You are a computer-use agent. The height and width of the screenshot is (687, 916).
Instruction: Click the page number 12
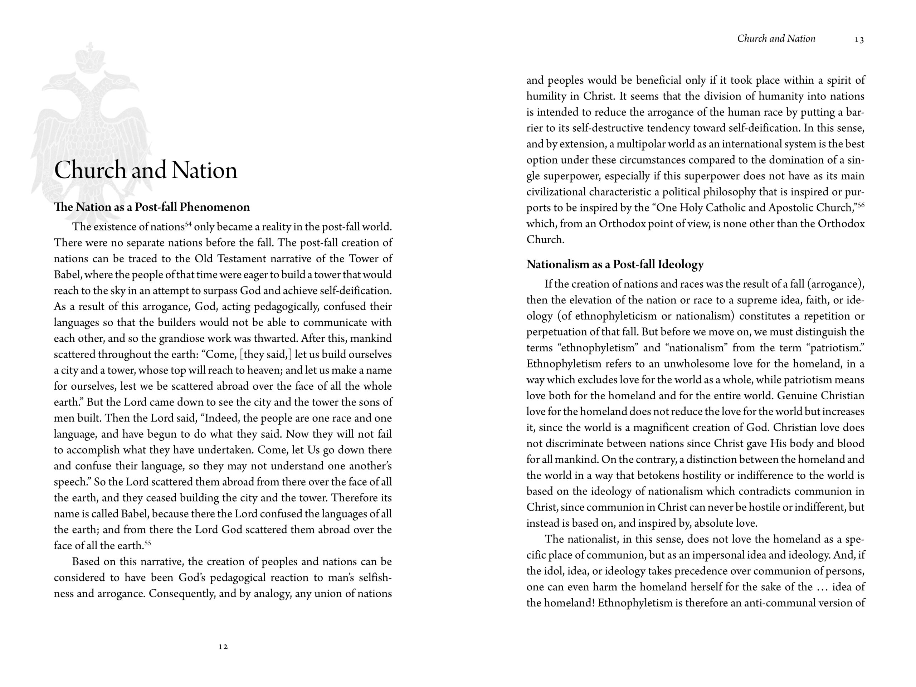[x=223, y=647]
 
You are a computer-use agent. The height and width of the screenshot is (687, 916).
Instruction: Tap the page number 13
[x=859, y=40]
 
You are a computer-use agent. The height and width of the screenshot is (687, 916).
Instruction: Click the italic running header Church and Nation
[x=776, y=39]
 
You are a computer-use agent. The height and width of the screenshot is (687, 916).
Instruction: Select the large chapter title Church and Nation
[x=146, y=170]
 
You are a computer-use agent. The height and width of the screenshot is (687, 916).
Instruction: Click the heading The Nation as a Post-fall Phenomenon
[x=152, y=207]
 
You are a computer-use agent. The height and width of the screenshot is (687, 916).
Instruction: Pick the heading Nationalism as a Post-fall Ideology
[x=615, y=264]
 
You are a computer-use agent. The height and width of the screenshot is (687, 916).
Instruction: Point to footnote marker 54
[x=189, y=224]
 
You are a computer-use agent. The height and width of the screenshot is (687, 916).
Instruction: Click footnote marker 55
[x=148, y=543]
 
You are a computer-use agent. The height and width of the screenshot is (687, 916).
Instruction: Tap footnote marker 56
[x=861, y=205]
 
